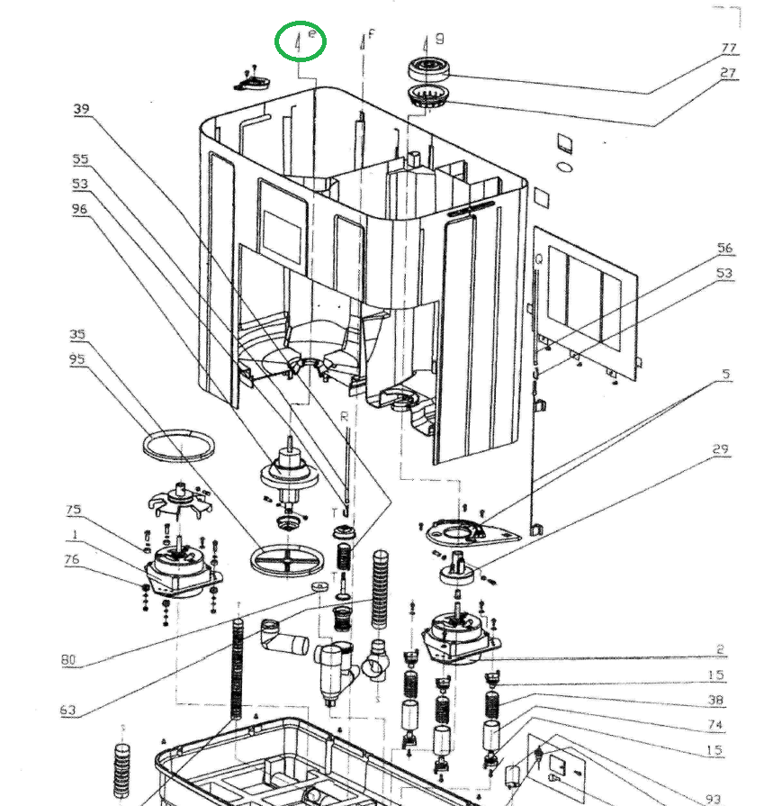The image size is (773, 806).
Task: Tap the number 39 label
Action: pos(82,109)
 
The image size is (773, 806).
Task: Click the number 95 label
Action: pos(78,359)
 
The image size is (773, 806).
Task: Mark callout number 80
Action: pos(69,660)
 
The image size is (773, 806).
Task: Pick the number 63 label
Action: pos(68,711)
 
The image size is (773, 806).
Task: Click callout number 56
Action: pos(724,249)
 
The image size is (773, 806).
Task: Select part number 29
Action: pos(720,449)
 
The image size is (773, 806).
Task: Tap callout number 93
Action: pos(714,799)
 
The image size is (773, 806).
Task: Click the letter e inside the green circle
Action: pos(312,33)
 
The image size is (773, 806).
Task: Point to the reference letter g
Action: pos(439,38)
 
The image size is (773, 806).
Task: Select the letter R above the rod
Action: pos(344,416)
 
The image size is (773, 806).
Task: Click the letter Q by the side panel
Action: pos(539,258)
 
